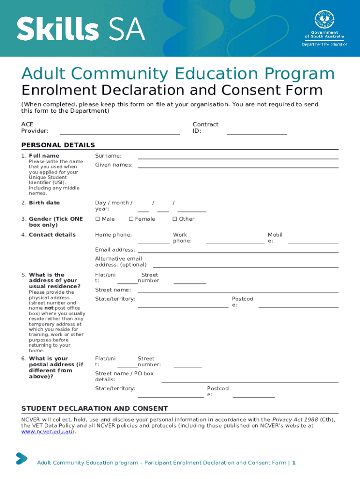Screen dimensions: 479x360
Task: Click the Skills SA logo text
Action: pyautogui.click(x=81, y=29)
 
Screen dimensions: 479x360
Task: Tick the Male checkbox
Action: pyautogui.click(x=98, y=219)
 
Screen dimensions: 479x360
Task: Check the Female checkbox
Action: pyautogui.click(x=131, y=219)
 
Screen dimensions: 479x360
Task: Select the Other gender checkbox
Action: pyautogui.click(x=175, y=219)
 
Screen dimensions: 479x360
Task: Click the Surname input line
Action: pyautogui.click(x=238, y=159)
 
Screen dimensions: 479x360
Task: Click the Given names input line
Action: pyautogui.click(x=238, y=167)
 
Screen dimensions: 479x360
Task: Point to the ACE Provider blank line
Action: pyautogui.click(x=120, y=134)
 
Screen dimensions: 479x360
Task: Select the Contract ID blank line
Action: pyautogui.click(x=257, y=134)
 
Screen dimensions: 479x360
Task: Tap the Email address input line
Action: pyautogui.click(x=238, y=253)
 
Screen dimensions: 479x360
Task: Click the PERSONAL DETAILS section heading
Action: pyautogui.click(x=58, y=145)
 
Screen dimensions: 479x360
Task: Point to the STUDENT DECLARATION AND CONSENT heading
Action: pyautogui.click(x=94, y=408)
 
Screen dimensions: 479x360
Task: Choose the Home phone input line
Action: pyautogui.click(x=153, y=243)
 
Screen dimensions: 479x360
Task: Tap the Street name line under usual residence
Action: pyautogui.click(x=238, y=292)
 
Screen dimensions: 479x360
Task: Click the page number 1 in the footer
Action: pyautogui.click(x=294, y=463)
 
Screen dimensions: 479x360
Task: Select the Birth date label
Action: pyautogui.click(x=44, y=203)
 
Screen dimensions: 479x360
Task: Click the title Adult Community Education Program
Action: pyautogui.click(x=178, y=74)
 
